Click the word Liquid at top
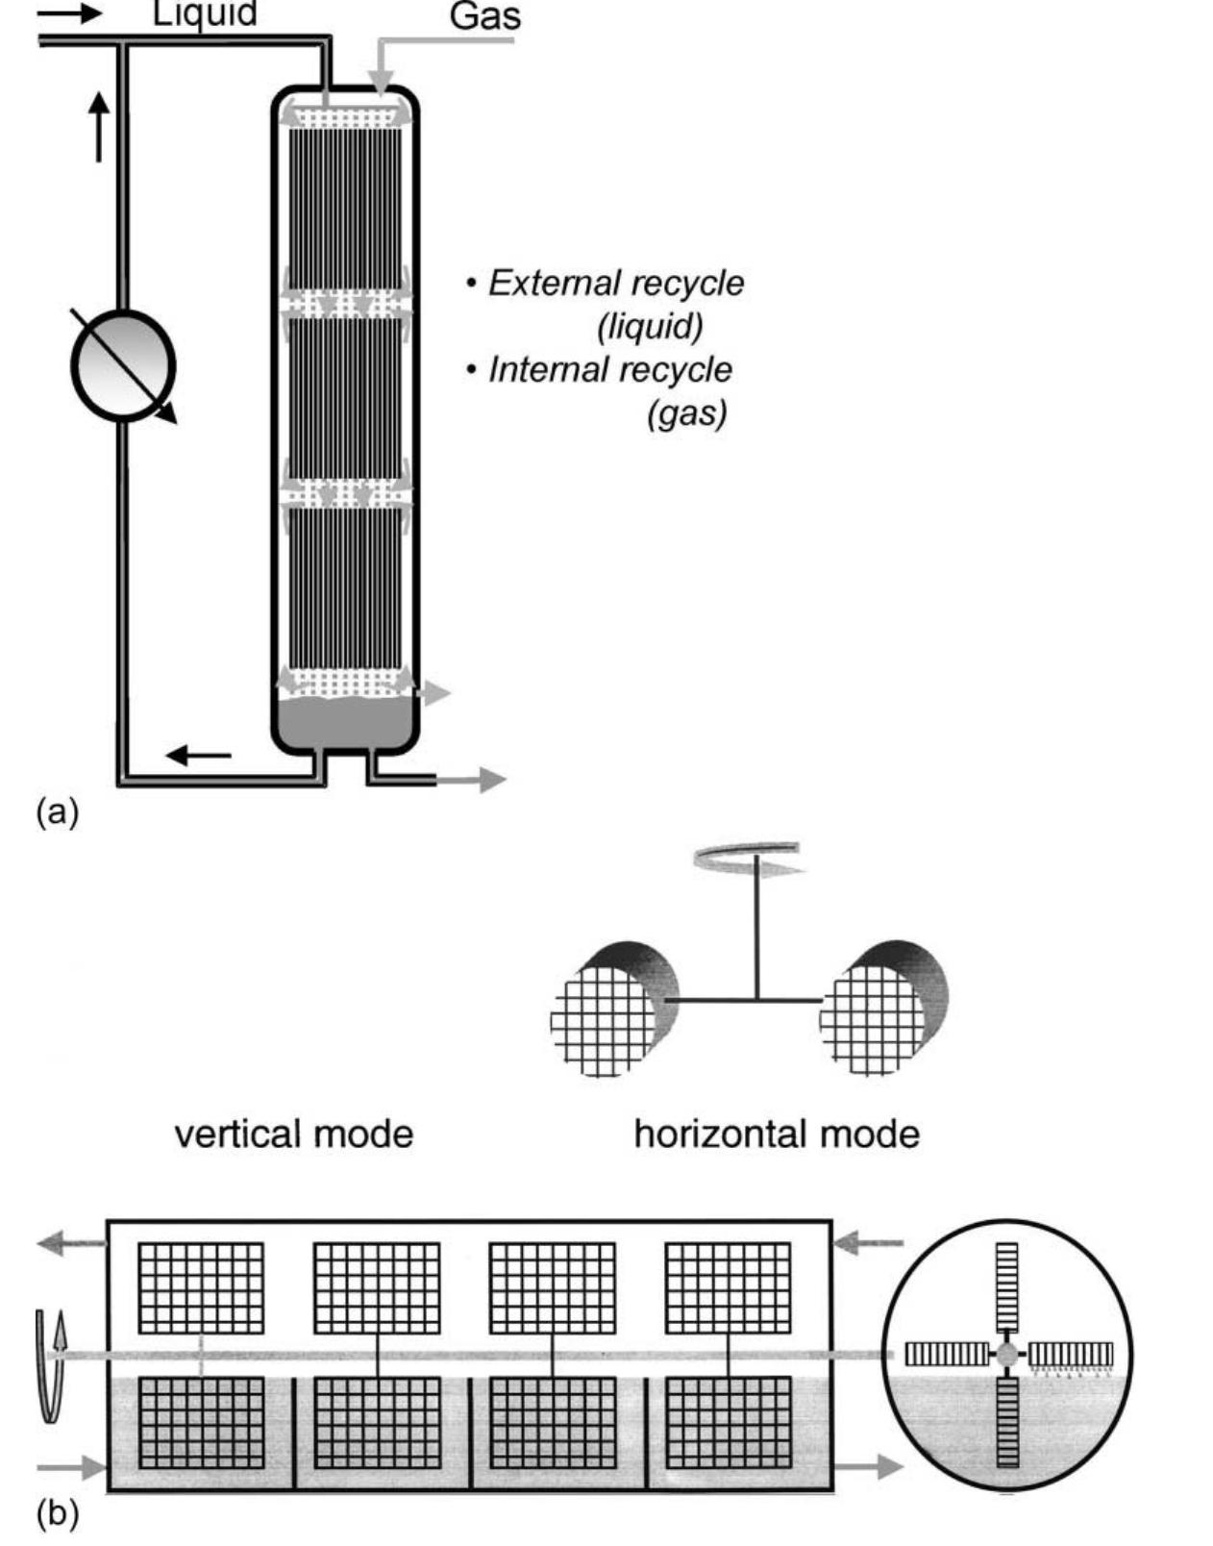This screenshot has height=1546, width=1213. [204, 13]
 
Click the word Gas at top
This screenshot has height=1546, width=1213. [484, 17]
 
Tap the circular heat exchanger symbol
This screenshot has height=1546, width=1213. [122, 365]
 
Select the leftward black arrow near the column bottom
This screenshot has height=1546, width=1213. [199, 756]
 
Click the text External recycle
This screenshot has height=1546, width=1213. [615, 283]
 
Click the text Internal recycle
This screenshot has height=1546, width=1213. [609, 369]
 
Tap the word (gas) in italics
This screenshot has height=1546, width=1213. [686, 412]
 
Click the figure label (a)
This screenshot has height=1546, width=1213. [57, 812]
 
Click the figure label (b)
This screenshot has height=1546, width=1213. [57, 1513]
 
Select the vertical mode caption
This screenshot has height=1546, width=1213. [293, 1134]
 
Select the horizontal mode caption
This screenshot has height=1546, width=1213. [777, 1134]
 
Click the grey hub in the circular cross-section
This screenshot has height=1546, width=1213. [1006, 1355]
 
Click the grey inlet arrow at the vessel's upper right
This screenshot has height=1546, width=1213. [868, 1244]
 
